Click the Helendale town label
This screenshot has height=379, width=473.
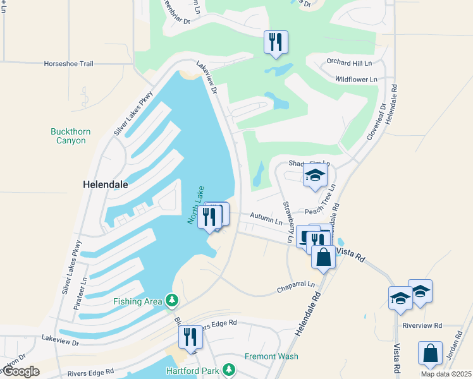click(x=106, y=185)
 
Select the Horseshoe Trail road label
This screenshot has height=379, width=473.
click(x=68, y=64)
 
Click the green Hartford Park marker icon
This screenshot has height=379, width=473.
click(x=231, y=370)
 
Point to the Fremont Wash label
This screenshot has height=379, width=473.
click(x=271, y=356)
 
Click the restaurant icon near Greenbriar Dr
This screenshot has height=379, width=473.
click(x=276, y=42)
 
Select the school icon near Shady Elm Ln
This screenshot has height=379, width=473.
click(x=315, y=176)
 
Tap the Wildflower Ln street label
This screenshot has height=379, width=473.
click(x=355, y=79)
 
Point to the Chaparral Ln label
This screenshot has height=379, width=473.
click(x=295, y=287)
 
